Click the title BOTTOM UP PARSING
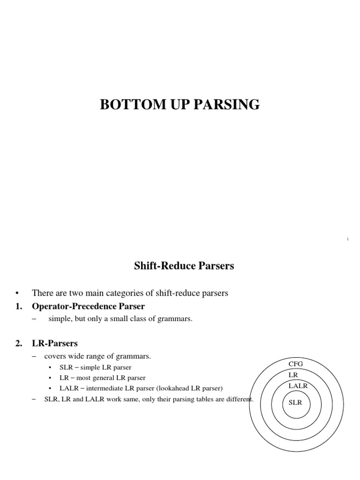coord(180,105)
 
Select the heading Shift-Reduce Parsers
coord(184,266)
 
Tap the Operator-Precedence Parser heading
coord(88,306)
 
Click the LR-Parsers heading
coord(54,344)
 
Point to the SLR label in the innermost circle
coord(295,403)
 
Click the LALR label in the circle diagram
coord(298,385)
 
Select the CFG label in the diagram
coord(296,364)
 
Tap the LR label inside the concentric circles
coord(293,375)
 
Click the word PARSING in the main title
coord(227,105)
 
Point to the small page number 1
coord(348,240)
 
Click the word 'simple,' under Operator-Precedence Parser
coord(59,319)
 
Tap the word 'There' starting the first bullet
coord(41,293)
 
